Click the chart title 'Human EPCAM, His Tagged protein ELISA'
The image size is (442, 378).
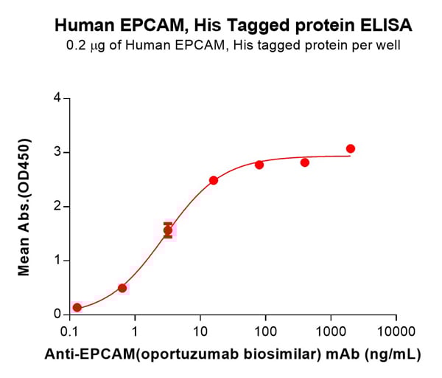pos(234,25)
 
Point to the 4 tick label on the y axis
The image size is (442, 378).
pos(56,98)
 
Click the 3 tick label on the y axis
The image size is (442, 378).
pos(56,153)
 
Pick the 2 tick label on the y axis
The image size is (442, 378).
pos(56,207)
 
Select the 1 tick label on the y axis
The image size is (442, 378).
pos(56,261)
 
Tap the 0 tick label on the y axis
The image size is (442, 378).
pos(56,315)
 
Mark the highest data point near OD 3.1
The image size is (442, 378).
pos(351,148)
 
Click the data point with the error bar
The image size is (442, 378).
pos(168,230)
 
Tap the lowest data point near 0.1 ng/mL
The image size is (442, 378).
pos(77,307)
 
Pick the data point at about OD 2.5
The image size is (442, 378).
pos(214,180)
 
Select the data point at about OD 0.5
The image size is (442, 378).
pos(122,288)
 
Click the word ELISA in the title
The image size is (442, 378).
pos(387,25)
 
